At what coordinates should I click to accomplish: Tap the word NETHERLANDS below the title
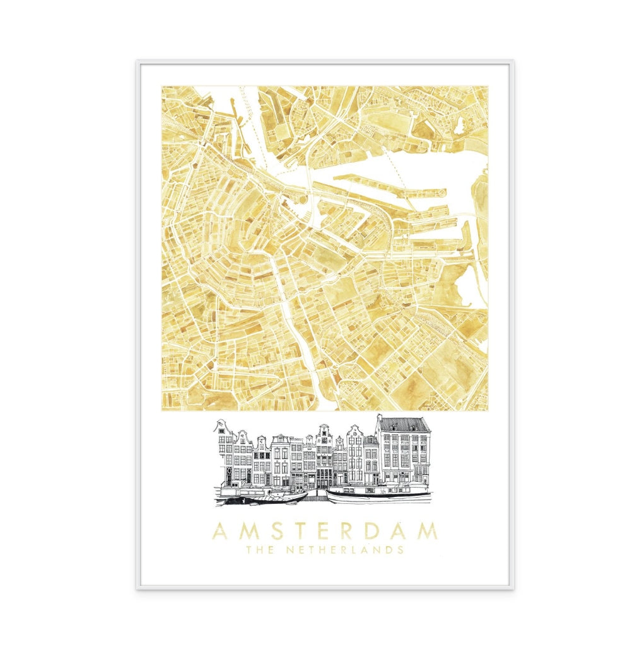[345, 550]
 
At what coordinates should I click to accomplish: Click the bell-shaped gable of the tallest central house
[324, 430]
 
